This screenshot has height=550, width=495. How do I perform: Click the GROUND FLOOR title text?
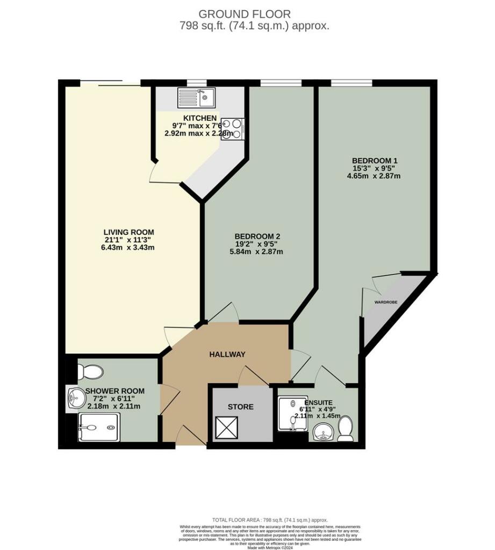tap(245, 14)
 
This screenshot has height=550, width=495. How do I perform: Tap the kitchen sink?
tap(196, 98)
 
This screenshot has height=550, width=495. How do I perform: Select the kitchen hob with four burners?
tap(232, 129)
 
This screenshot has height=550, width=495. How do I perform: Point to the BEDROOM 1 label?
tap(375, 161)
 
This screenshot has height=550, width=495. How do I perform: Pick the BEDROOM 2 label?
tap(257, 236)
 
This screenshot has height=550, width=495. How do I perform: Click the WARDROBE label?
tap(385, 303)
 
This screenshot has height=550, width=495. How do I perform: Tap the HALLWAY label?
tap(227, 354)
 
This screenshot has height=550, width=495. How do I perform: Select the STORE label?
tap(241, 407)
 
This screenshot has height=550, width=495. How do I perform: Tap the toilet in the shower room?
tap(90, 372)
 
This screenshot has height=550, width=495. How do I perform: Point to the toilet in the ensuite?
tap(345, 429)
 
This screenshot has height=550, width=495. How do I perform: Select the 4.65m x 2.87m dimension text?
tap(375, 176)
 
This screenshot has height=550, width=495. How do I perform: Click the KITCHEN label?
tap(200, 118)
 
